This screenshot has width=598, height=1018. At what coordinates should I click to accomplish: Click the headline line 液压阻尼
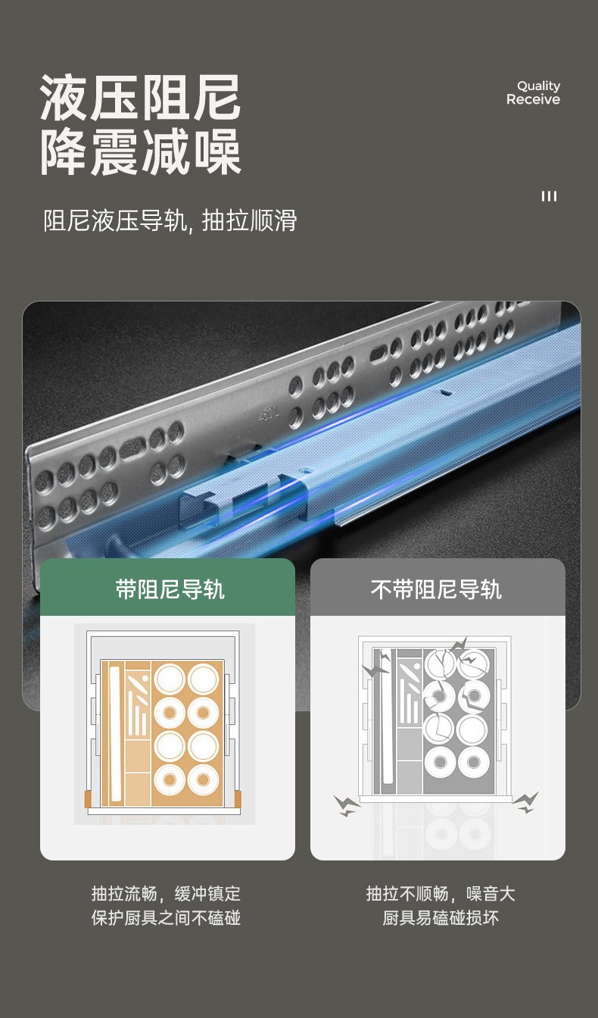point(140,97)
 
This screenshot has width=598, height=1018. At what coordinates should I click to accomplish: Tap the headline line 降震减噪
point(140,151)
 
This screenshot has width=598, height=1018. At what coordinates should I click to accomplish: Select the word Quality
point(538,86)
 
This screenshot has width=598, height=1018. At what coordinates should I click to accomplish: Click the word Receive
point(533,99)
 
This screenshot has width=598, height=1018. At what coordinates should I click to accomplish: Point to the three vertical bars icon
point(549,196)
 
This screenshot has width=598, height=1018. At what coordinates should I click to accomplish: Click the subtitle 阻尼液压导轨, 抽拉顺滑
point(170,220)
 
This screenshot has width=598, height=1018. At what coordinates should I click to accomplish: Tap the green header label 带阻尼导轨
point(170,589)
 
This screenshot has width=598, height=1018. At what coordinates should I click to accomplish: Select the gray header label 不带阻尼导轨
point(436,589)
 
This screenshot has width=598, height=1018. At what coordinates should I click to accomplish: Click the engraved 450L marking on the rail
point(269,413)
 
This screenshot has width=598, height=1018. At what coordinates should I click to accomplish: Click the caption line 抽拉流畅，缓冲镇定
point(166,894)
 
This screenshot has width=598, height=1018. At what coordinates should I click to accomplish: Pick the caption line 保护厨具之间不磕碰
point(166,918)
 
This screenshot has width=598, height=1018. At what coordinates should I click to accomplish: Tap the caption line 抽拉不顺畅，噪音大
point(441,894)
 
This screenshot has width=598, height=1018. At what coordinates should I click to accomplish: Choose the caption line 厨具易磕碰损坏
point(441,918)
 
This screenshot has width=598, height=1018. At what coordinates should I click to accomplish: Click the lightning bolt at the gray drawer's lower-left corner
point(347,806)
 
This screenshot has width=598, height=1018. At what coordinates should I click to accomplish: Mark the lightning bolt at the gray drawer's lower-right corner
point(526,803)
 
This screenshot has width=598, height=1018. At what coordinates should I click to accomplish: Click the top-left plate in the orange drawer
point(170,679)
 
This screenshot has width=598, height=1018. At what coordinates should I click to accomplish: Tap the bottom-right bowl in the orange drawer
point(203,780)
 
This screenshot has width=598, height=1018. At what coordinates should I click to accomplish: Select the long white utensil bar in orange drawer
point(115,733)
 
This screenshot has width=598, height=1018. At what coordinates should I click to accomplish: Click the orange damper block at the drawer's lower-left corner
point(88,799)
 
